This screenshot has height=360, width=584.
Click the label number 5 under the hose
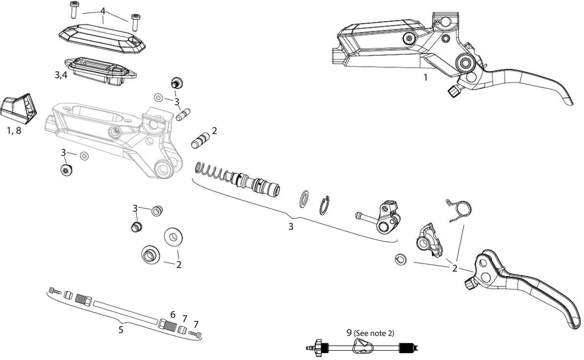121,330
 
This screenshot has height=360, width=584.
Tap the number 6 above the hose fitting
173,314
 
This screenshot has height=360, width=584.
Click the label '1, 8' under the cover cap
14,131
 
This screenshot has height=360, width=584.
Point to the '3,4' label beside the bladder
61,75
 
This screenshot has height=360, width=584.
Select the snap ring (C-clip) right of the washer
325,205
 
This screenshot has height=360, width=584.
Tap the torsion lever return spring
459,210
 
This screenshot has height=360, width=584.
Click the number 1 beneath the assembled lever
425,78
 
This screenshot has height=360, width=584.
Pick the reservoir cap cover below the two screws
102,37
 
